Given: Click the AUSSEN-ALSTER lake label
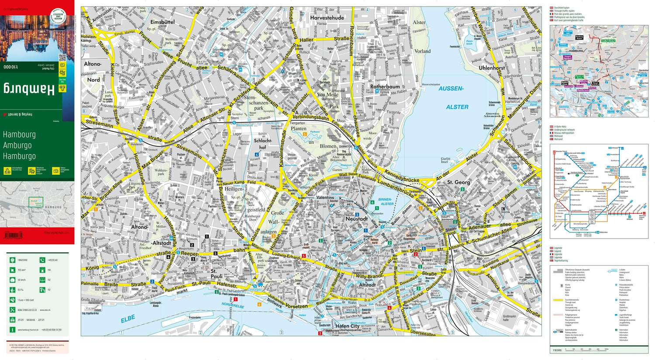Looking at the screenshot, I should (453, 97).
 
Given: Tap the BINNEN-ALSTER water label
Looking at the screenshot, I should (386, 202).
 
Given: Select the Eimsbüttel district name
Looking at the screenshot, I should (162, 22).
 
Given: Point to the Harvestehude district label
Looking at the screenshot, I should (327, 18).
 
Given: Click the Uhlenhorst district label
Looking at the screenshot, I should (492, 68).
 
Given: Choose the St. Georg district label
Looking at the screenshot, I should (458, 182).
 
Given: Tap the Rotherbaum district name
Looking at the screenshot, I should (385, 87).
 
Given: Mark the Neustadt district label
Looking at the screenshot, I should (356, 219).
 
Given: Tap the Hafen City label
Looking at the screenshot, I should (347, 326).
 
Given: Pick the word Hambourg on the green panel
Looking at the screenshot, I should (19, 135).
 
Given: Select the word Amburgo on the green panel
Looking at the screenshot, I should (17, 145).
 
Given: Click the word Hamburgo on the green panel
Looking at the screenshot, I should (19, 156).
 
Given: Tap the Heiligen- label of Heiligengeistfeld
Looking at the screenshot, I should (234, 189).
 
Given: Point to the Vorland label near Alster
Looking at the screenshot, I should (422, 51).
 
